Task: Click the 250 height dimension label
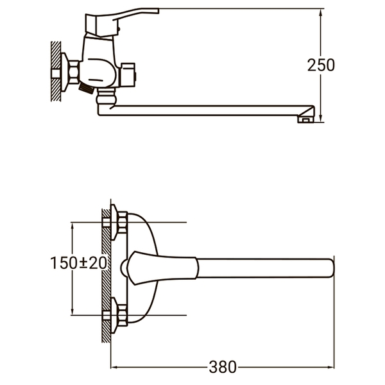click(321, 65)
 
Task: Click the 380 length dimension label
click(223, 367)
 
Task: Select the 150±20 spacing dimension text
click(78, 262)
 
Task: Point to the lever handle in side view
click(121, 22)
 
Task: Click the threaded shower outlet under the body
click(86, 89)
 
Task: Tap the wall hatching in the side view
click(56, 71)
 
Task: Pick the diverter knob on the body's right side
click(128, 75)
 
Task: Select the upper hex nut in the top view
click(123, 223)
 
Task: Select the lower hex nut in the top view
click(123, 315)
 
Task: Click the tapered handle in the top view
click(163, 268)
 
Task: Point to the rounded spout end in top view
click(332, 268)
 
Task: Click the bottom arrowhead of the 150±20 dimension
click(72, 311)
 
